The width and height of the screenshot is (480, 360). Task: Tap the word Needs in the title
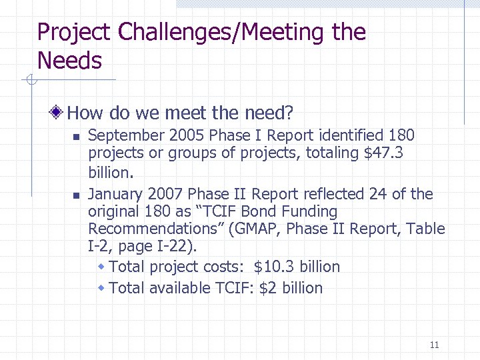pos(69,61)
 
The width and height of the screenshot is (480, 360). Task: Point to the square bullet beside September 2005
pos(76,137)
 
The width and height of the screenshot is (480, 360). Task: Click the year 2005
pos(187,135)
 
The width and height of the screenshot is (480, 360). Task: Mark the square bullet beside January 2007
pos(76,195)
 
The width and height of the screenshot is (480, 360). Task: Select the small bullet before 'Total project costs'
pos(101,267)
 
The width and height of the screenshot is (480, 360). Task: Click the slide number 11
pos(434,345)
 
